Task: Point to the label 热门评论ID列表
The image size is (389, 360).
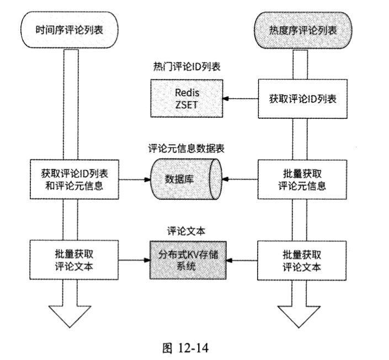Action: pyautogui.click(x=186, y=67)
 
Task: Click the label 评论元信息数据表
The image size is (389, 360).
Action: pyautogui.click(x=186, y=149)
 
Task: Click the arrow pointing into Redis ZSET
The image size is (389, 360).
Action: pyautogui.click(x=240, y=99)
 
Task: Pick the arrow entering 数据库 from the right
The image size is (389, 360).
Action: pyautogui.click(x=240, y=179)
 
